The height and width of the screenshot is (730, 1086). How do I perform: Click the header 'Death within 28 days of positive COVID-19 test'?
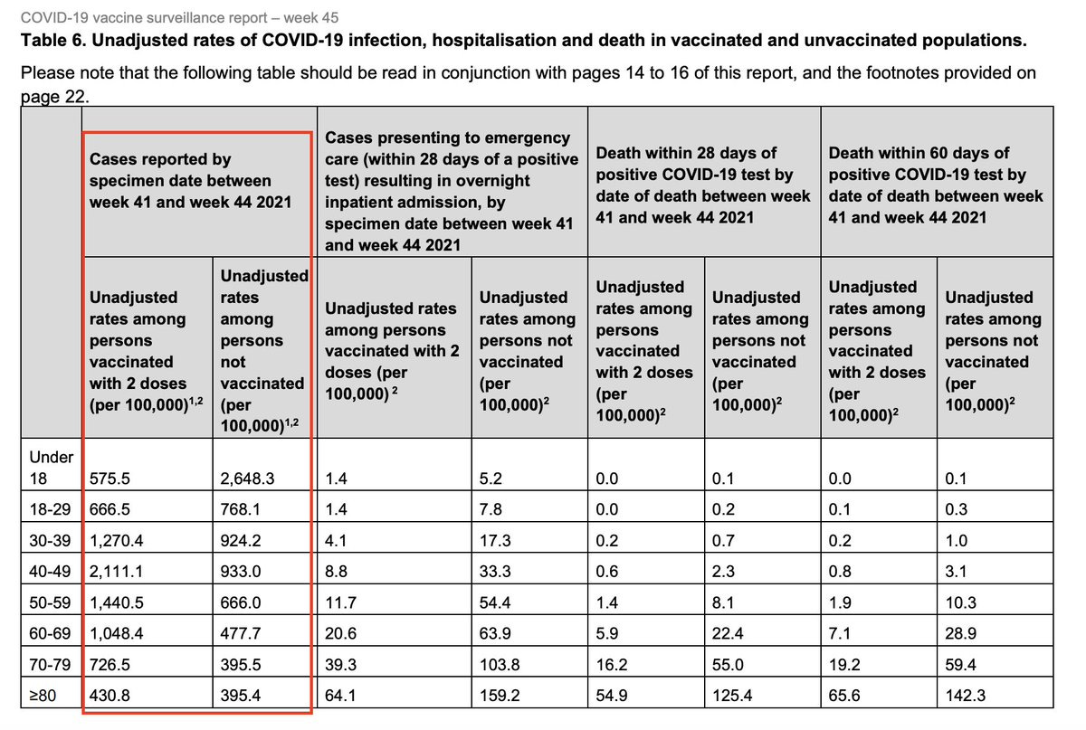(x=703, y=185)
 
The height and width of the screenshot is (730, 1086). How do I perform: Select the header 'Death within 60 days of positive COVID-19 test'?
(x=936, y=185)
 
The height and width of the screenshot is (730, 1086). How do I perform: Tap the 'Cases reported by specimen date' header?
(x=190, y=180)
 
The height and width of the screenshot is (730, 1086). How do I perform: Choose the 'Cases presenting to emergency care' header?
(x=451, y=191)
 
